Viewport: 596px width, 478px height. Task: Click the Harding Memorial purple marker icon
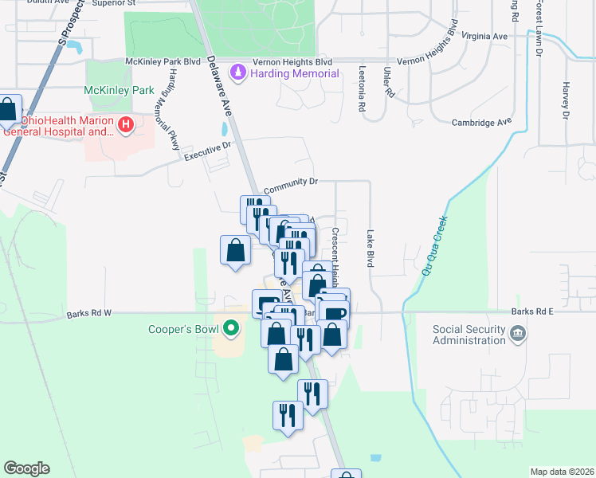click(x=237, y=74)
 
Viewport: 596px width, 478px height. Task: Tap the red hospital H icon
click(x=125, y=124)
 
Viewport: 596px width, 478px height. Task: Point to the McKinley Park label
click(x=119, y=91)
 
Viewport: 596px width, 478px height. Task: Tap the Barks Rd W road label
click(x=89, y=314)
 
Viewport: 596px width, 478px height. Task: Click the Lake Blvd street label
click(x=370, y=249)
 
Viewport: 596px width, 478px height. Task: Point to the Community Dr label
click(x=290, y=182)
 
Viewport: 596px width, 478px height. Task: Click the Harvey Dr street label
click(x=566, y=100)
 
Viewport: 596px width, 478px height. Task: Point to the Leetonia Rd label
click(x=362, y=88)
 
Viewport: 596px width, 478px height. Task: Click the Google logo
click(x=26, y=468)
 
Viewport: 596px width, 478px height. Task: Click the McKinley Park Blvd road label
click(x=163, y=61)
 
